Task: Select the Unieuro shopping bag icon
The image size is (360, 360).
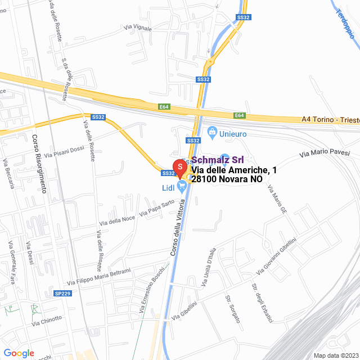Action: click(212, 133)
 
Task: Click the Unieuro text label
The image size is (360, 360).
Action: click(233, 134)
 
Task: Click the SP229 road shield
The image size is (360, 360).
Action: click(62, 293)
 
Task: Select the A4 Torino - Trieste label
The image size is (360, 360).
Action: click(330, 120)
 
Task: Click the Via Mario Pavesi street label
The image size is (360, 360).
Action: click(324, 152)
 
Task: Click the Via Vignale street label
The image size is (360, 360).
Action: click(138, 26)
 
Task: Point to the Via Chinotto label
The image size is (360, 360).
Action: click(47, 321)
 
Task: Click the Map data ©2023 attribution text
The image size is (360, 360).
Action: click(335, 355)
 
